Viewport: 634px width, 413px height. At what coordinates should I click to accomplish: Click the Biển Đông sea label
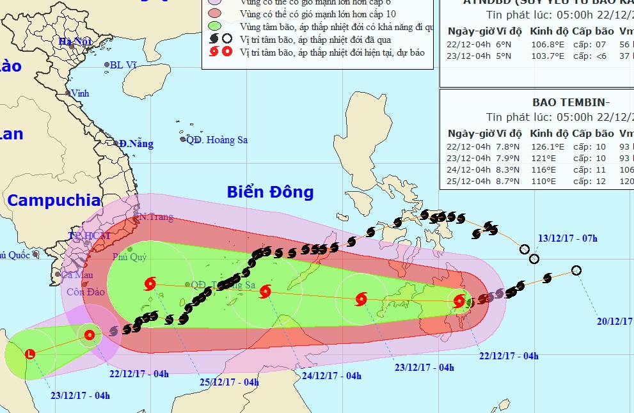(270, 192)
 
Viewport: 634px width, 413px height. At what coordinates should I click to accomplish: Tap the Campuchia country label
(54, 200)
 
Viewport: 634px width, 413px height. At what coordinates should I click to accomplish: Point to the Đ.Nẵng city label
(136, 144)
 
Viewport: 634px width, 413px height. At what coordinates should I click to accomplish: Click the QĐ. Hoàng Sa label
(217, 140)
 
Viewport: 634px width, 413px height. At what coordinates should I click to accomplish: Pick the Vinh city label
(80, 93)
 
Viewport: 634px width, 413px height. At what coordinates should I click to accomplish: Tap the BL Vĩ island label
(124, 65)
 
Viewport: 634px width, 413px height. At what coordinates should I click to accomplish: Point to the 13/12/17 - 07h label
(567, 239)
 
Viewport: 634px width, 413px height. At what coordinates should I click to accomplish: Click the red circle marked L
(29, 354)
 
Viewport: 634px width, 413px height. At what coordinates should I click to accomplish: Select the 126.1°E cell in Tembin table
(547, 146)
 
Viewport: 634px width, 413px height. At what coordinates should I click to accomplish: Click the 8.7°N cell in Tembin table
(507, 182)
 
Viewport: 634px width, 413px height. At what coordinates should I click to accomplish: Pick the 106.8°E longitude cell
(547, 44)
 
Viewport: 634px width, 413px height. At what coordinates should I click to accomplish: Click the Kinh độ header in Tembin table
(549, 134)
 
